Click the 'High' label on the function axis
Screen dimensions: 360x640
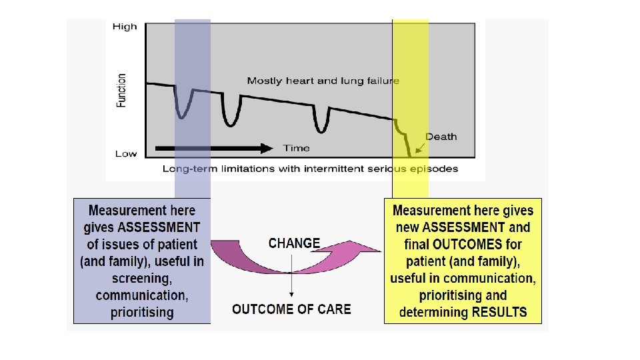pos(125,27)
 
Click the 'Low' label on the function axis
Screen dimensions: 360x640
pos(125,154)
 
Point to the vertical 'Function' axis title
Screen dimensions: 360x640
pos(121,91)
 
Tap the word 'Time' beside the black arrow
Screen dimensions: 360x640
pos(296,148)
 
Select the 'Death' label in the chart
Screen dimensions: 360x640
pos(441,137)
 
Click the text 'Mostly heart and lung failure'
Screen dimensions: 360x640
pos(323,81)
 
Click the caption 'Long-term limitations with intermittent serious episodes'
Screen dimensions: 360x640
pos(310,169)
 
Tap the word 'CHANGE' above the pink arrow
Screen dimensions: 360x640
pos(294,243)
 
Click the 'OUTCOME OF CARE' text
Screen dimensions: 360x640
pos(291,309)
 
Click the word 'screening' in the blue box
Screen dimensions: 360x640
pos(142,278)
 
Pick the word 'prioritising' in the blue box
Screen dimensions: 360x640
pos(142,312)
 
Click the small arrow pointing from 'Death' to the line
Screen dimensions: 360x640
pos(420,147)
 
